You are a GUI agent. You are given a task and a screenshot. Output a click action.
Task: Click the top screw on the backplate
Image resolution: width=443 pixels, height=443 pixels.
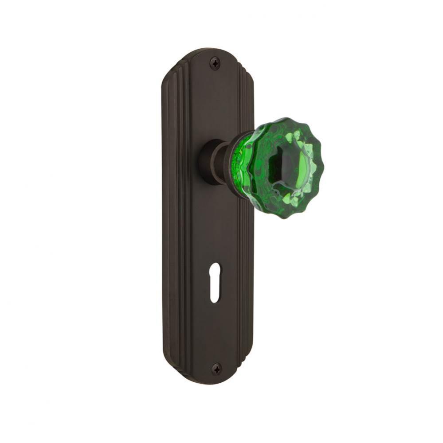pos(215,64)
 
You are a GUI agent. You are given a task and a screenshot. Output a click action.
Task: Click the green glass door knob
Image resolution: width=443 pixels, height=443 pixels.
pos(284,164)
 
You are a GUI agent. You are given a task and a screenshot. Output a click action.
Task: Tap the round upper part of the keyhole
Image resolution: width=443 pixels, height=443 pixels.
pos(215,280)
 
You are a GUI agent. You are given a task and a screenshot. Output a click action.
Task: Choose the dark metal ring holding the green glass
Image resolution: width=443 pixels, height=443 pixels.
pos(235,162)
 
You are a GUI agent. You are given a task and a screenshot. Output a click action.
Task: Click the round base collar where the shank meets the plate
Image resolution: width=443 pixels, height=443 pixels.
pos(207,162)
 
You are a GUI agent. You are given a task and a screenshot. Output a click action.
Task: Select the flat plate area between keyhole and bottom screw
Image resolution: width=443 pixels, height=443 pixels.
pos(215,332)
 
